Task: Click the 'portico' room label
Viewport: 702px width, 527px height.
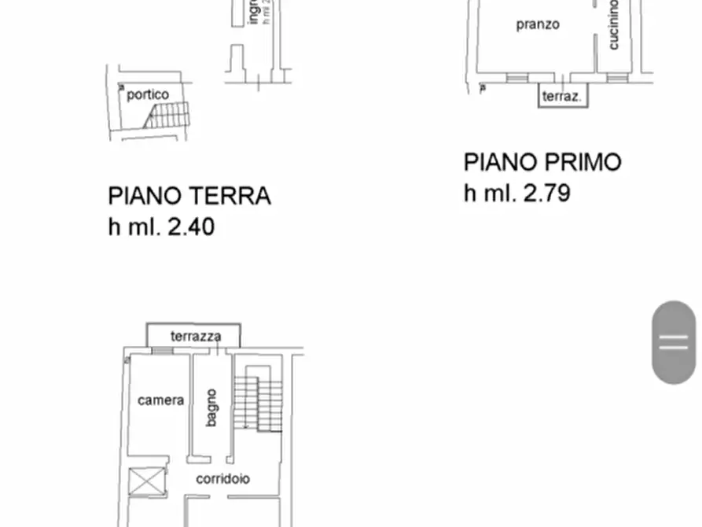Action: tap(148, 94)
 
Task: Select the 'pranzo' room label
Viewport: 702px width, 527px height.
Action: tap(538, 24)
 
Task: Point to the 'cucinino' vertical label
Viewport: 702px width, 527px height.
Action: tap(614, 24)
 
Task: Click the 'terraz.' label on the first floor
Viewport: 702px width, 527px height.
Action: tap(562, 98)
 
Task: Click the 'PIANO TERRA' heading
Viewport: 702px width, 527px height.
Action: tap(189, 196)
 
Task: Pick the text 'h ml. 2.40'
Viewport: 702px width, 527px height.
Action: tap(161, 227)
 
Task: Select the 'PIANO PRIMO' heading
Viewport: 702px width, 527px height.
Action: tap(542, 163)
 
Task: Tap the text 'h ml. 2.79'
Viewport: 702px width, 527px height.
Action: tap(516, 193)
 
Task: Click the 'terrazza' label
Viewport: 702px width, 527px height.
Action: tap(196, 337)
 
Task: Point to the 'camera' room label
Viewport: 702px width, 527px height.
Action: tap(161, 400)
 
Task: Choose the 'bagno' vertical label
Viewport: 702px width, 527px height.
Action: tap(211, 407)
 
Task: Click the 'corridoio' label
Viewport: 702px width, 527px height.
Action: tap(223, 478)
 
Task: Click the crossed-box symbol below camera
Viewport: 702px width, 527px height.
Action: tap(148, 481)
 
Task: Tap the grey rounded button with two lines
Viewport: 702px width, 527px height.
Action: tap(674, 342)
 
